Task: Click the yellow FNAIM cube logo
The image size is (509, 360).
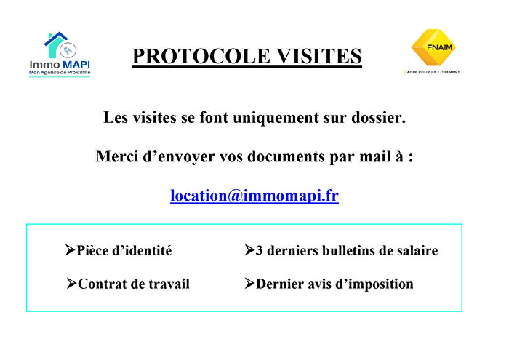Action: (x=433, y=47)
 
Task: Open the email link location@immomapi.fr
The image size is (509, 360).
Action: (x=254, y=196)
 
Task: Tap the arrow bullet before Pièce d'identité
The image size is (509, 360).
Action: (x=71, y=250)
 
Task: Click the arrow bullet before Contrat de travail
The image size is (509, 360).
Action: (x=71, y=283)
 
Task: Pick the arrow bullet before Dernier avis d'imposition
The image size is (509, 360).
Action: (x=249, y=283)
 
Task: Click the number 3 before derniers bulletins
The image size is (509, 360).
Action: (x=260, y=251)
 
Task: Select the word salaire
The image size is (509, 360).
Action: (x=414, y=251)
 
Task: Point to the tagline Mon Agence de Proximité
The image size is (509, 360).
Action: (x=60, y=73)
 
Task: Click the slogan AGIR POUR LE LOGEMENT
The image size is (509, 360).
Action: (x=433, y=72)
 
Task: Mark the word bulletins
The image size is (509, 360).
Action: (x=342, y=251)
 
